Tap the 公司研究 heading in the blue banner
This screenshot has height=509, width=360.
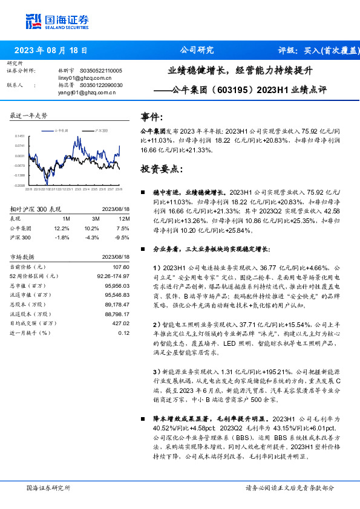(197, 50)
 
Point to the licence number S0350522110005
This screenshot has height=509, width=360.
(101, 71)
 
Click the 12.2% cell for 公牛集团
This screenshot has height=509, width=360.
(62, 229)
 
